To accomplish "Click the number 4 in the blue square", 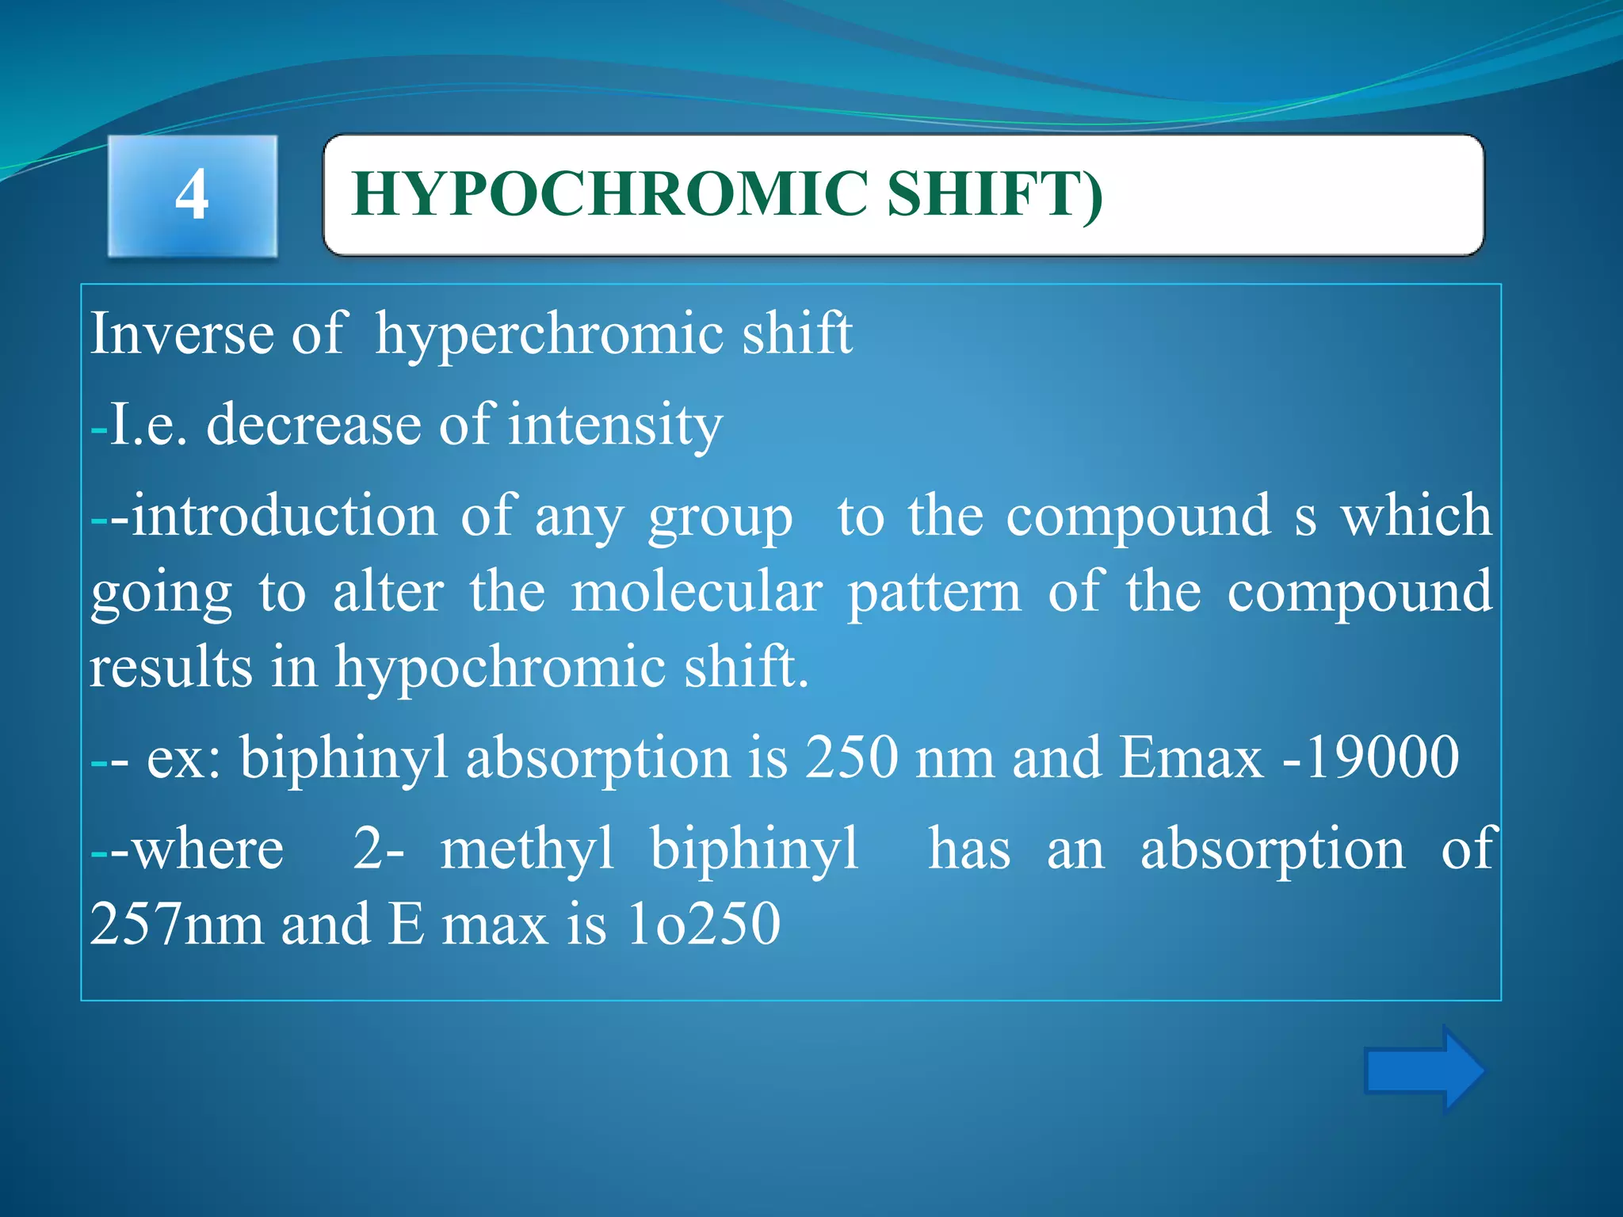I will (x=192, y=196).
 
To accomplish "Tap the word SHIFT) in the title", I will (x=994, y=194).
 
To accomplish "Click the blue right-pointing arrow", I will (x=1423, y=1070).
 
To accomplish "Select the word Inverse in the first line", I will (x=181, y=334).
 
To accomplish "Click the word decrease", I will (x=314, y=425).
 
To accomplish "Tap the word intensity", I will (x=615, y=426).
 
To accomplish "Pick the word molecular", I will (x=697, y=592).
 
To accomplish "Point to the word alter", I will (x=388, y=592).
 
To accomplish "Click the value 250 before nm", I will (x=852, y=757).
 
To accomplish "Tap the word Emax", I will (x=1190, y=757).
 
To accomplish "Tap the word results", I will (x=170, y=667).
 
